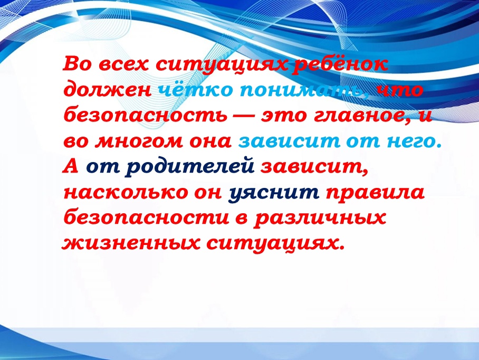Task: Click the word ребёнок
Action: pos(340,64)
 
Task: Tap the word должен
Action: pos(107,91)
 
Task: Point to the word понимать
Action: pos(301,90)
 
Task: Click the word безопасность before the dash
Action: pos(145,116)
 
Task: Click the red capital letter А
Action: pos(71,166)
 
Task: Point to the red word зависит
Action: pos(314,167)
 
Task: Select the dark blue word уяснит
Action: pos(274,193)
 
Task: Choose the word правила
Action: pos(375,193)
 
